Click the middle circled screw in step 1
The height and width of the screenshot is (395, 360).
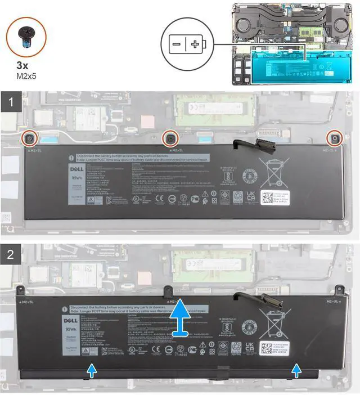point(168,138)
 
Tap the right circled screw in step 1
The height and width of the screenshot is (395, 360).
point(335,138)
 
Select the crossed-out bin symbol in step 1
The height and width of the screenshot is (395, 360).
point(270,172)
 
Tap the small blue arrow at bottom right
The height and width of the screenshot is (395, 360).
point(296,369)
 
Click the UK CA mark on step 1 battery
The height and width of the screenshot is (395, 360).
point(251,196)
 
